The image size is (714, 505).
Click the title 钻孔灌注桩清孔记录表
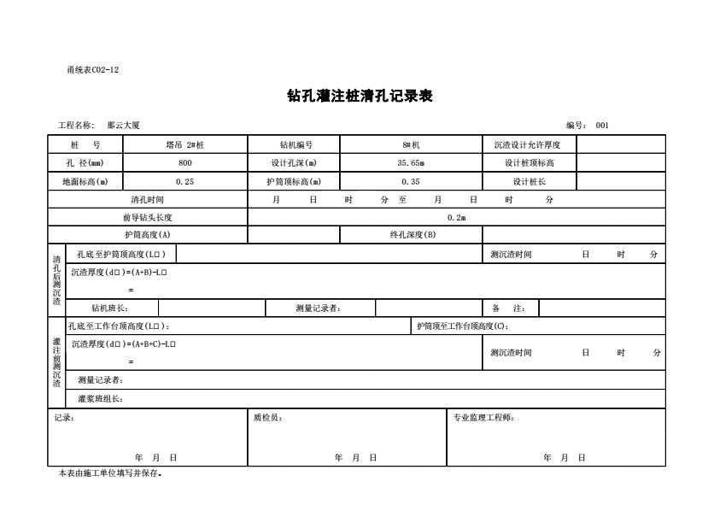[360, 97]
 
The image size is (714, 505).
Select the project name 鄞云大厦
[124, 126]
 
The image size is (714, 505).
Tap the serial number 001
[602, 126]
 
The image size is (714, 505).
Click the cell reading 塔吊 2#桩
[184, 145]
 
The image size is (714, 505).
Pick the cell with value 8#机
[411, 145]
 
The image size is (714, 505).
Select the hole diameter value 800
[184, 163]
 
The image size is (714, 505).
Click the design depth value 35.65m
[411, 163]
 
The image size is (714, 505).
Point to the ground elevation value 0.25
[184, 181]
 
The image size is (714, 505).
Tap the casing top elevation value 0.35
[411, 181]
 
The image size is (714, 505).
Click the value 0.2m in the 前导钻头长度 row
[456, 217]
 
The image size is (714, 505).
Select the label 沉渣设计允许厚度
[529, 145]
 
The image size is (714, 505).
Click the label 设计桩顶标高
[529, 163]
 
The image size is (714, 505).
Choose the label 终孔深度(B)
[413, 235]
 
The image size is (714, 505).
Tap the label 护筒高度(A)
[148, 235]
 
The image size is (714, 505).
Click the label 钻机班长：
[110, 308]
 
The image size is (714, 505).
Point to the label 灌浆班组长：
[101, 398]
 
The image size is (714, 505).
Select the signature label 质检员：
[267, 418]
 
